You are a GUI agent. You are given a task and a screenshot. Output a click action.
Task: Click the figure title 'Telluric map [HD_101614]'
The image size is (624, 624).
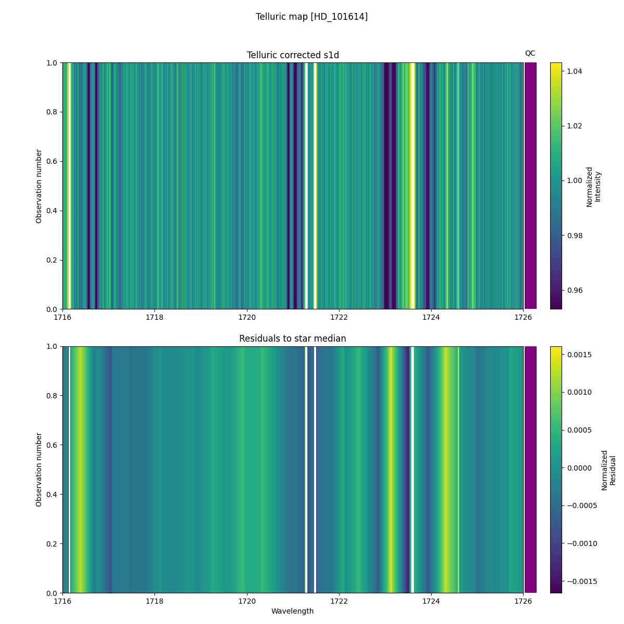[311, 17]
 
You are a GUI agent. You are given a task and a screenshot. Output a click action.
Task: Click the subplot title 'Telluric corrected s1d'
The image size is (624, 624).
[293, 55]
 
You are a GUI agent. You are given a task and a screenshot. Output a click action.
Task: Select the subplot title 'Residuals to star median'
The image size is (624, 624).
[293, 339]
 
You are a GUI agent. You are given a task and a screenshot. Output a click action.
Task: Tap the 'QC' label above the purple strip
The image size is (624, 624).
[530, 53]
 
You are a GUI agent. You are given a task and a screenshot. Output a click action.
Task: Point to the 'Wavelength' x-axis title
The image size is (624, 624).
[292, 611]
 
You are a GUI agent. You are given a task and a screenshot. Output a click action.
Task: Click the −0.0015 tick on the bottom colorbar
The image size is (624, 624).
[577, 581]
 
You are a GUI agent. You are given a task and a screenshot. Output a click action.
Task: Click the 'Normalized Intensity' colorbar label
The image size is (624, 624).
[593, 186]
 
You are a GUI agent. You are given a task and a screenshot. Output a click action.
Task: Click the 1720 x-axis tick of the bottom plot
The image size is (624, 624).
[246, 601]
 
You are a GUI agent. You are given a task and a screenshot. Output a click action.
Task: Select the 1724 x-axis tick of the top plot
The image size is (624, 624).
[431, 317]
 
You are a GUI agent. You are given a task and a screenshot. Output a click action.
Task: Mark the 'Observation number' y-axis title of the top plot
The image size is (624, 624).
[39, 186]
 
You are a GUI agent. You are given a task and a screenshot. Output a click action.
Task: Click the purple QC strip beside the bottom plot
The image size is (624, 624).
[530, 470]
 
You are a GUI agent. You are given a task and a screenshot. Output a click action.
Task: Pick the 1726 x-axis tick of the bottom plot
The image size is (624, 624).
[523, 601]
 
